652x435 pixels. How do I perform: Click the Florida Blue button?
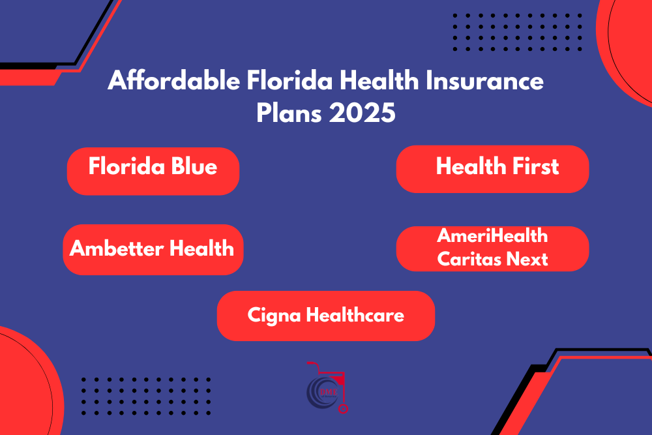[153, 170]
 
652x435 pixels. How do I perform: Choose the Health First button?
[493, 168]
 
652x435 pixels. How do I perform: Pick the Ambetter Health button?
[153, 248]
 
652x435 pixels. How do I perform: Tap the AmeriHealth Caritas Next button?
[493, 248]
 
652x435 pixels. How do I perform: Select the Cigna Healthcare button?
[325, 316]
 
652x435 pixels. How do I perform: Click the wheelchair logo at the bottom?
[326, 389]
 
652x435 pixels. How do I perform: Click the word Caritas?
[468, 259]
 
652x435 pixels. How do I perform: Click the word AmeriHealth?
[493, 236]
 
